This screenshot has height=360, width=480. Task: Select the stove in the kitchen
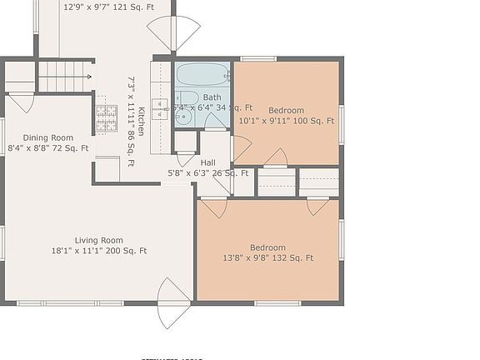(106, 118)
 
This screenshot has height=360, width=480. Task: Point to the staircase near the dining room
(65, 77)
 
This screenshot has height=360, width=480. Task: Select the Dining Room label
(47, 137)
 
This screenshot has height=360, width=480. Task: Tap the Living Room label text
(99, 240)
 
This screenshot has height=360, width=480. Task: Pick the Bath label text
(212, 97)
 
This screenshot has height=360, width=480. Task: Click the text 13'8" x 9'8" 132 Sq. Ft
(268, 258)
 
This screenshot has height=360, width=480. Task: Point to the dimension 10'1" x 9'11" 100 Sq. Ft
(286, 120)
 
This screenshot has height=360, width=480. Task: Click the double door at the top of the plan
(173, 32)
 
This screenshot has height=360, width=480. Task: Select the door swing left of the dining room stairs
(22, 102)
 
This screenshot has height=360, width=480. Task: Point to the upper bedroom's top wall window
(253, 59)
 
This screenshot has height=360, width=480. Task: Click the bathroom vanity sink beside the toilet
(184, 117)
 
